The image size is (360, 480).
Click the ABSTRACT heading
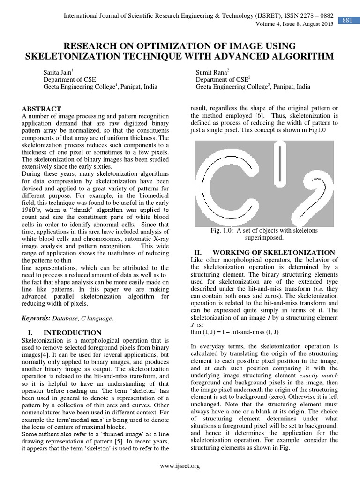coord(41,108)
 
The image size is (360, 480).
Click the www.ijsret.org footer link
coord(180,465)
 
